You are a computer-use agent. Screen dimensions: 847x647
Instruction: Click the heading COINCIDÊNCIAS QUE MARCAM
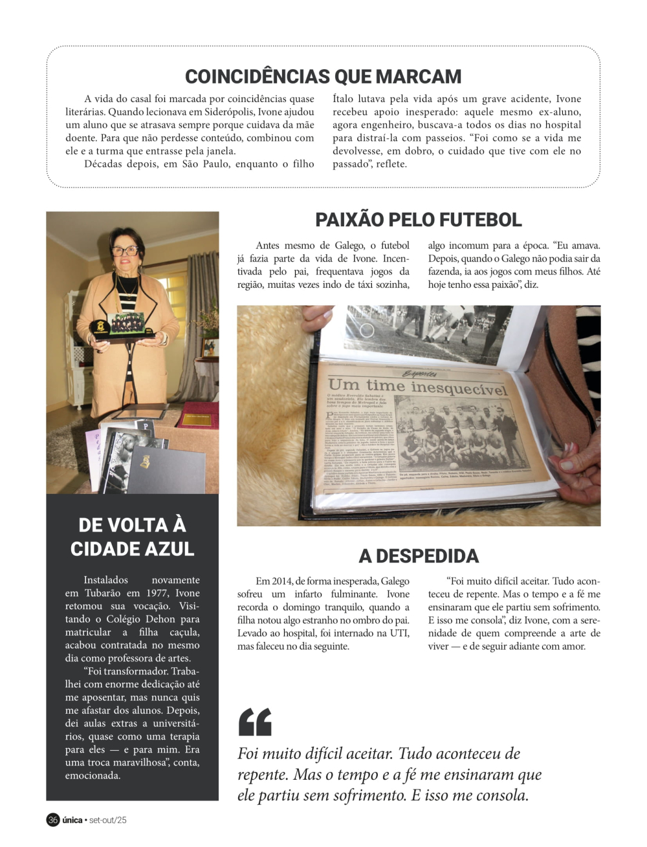[x=323, y=76]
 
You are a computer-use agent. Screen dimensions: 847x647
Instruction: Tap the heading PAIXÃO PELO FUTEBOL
[x=418, y=220]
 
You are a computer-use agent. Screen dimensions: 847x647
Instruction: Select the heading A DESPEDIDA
[x=419, y=556]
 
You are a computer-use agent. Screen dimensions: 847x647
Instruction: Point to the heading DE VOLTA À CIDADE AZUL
[x=132, y=537]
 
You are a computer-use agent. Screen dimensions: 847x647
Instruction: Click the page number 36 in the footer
[x=53, y=820]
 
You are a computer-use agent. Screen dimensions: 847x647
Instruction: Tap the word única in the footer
[x=72, y=820]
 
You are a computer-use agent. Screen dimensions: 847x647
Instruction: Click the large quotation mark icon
[x=255, y=722]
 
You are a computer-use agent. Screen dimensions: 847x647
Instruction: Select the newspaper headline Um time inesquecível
[x=418, y=387]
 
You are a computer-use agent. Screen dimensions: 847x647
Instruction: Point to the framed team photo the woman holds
[x=126, y=323]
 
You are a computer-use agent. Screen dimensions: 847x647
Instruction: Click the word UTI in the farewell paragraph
[x=399, y=633]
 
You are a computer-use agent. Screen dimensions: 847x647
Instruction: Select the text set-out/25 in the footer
[x=108, y=820]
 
